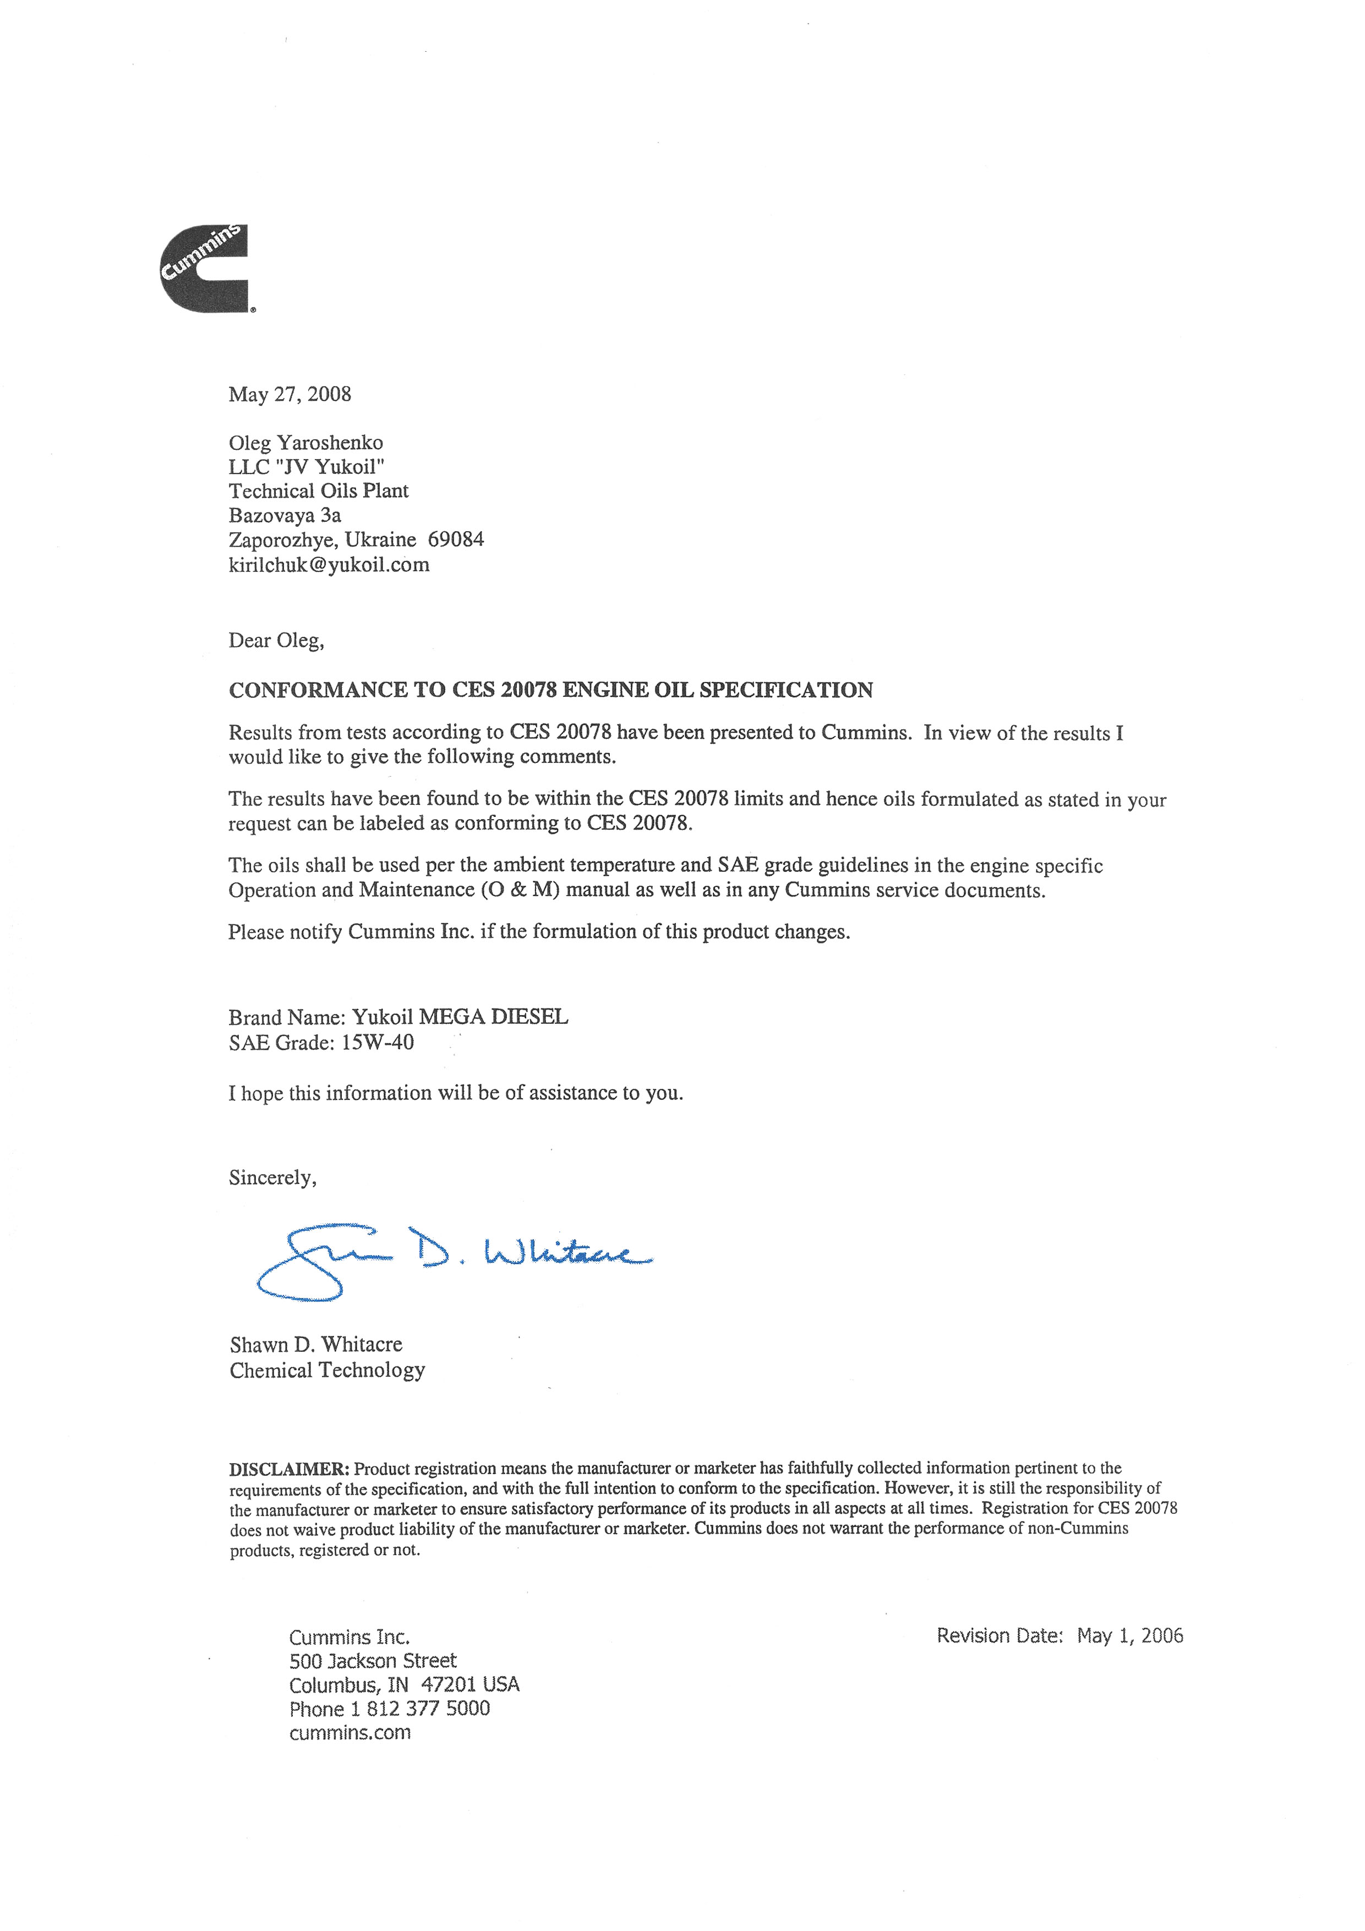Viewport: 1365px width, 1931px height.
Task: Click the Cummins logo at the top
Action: (204, 268)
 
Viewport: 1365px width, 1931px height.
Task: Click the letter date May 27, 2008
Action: (290, 395)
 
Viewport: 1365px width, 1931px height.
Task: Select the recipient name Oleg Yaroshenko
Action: (305, 443)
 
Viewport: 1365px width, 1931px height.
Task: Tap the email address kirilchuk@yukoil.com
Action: (329, 564)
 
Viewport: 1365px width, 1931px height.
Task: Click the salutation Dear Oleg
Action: (276, 641)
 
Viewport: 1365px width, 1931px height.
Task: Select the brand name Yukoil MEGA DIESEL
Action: (459, 1017)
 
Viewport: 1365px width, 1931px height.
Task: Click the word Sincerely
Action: (272, 1177)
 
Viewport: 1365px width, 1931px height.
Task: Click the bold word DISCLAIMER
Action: (288, 1469)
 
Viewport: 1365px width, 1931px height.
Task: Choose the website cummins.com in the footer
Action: (350, 1732)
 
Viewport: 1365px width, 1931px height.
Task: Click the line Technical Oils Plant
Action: (319, 491)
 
